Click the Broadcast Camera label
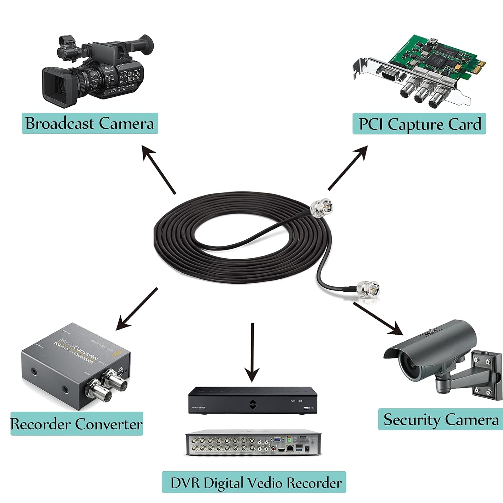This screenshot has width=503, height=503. click(90, 123)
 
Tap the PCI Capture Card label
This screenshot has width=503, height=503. click(419, 124)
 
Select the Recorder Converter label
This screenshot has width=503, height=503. click(76, 424)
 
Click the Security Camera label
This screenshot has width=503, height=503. click(441, 420)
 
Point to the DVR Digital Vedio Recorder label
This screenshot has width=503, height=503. click(254, 482)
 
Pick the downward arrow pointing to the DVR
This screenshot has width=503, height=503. click(252, 352)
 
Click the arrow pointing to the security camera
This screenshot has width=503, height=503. click(378, 319)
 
